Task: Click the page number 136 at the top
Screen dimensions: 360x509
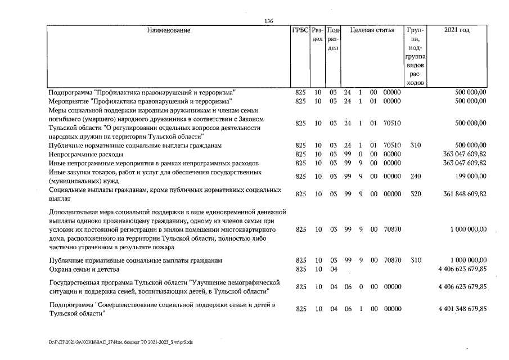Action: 268,21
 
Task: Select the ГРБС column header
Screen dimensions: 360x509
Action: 300,30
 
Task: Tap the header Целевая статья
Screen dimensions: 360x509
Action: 372,30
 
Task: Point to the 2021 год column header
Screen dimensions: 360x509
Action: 456,30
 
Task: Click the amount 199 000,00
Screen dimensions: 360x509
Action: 469,176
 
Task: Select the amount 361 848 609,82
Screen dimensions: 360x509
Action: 458,194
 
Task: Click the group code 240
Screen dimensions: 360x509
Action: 416,176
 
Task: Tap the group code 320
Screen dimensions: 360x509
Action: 416,194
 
